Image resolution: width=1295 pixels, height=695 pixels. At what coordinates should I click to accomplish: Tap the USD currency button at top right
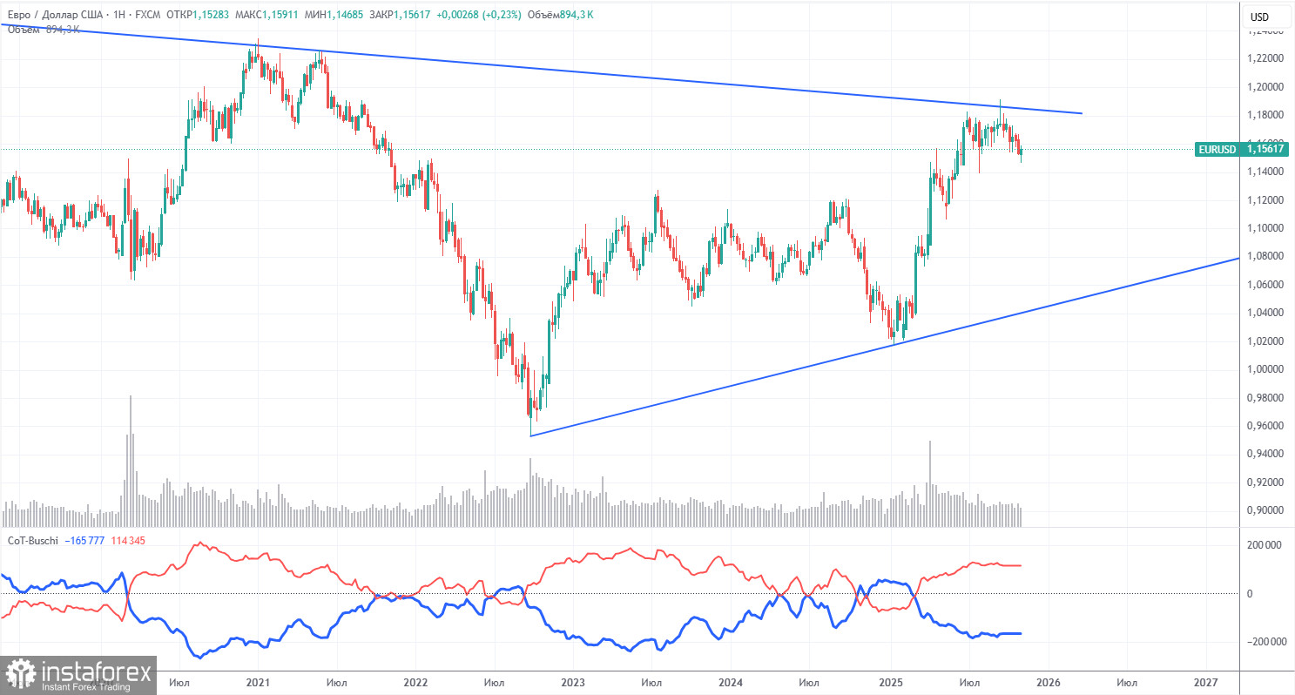[x=1259, y=17]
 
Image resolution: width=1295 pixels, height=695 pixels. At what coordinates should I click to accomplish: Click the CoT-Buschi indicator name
[x=32, y=541]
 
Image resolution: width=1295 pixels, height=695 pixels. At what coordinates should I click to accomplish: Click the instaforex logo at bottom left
[x=78, y=675]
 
